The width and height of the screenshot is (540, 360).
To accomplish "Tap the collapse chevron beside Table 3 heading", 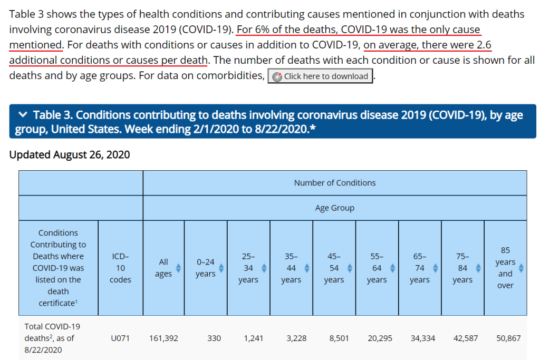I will coord(22,115).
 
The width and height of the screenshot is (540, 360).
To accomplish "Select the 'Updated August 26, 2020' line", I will coord(70,154).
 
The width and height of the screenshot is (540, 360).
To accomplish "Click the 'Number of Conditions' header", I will coord(334,183).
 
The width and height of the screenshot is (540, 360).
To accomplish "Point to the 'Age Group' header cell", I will coord(334,208).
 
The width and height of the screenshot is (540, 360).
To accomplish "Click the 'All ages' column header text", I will coord(163,268).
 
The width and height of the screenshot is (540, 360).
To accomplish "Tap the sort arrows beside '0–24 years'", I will coord(221,268).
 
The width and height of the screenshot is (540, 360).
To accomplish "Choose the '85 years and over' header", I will coord(505,268).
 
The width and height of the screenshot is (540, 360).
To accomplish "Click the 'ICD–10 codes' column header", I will coord(120,268).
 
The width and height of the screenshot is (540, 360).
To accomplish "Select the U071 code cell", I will coord(120,338).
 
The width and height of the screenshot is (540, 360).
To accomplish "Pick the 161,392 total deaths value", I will coord(163,338).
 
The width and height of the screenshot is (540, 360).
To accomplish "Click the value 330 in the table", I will coord(214,338).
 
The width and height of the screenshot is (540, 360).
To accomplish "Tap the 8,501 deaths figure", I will coord(339,338).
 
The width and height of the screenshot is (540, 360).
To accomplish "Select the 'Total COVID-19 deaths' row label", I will coord(52,338).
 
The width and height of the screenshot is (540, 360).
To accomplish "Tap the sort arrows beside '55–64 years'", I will coord(393,268).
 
